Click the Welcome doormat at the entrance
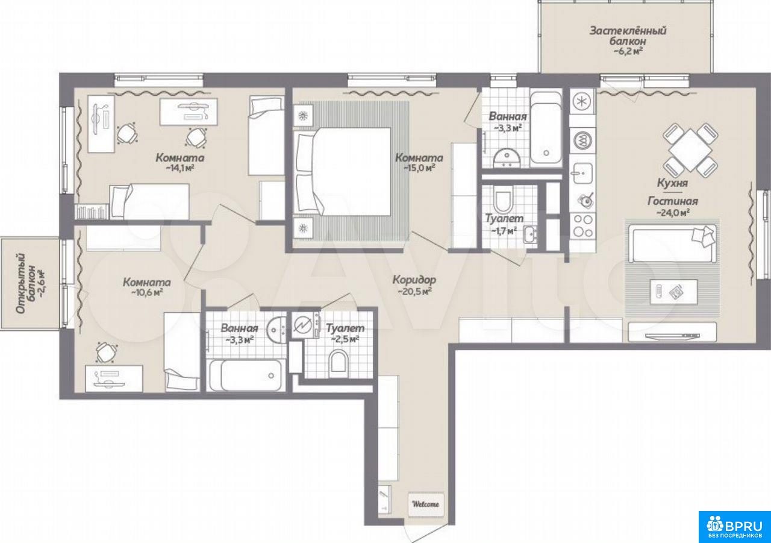426,504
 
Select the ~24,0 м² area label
673,213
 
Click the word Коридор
414,279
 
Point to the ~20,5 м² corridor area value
415,291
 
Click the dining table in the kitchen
690,151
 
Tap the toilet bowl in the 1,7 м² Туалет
503,201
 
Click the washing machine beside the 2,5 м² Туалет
305,325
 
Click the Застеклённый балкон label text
628,36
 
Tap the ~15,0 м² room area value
419,168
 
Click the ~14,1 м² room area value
180,168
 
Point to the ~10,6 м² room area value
146,293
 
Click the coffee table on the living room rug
673,292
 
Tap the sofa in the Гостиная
672,243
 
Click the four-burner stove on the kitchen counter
582,225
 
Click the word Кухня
672,183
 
